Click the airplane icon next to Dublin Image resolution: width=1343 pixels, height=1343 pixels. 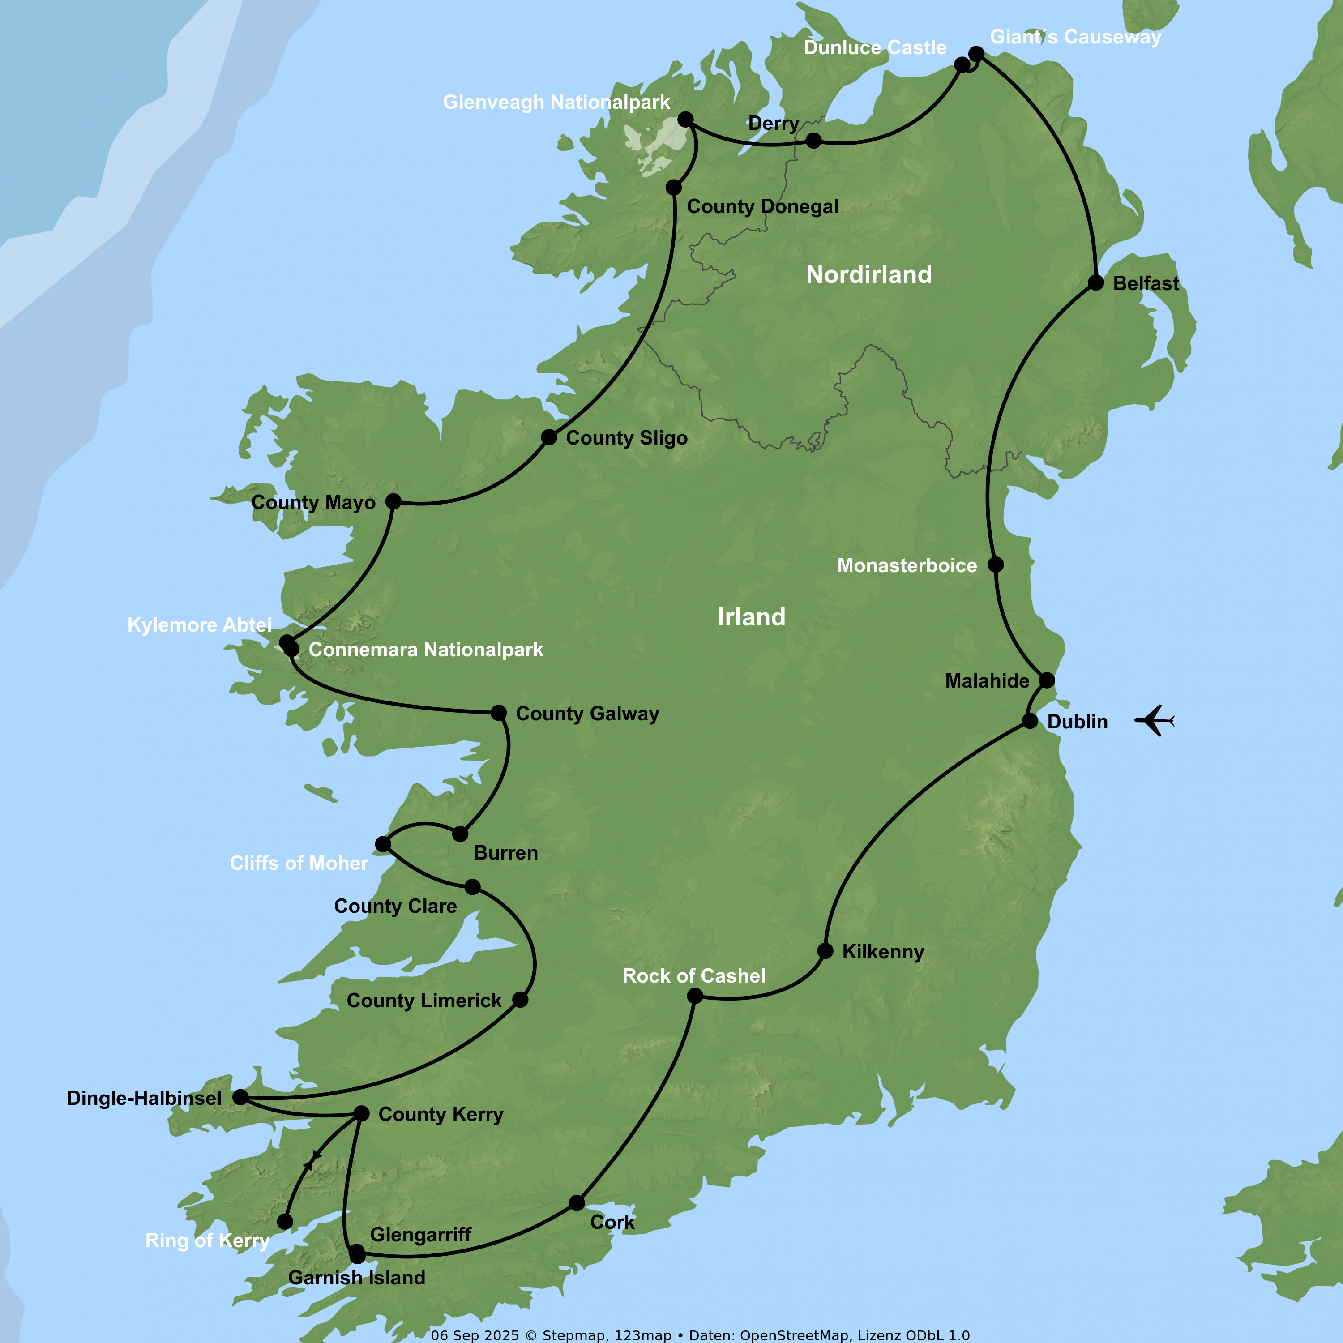[x=1155, y=720]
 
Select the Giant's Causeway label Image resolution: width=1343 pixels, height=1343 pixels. [x=1075, y=37]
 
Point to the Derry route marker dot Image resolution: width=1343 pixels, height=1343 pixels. [x=813, y=141]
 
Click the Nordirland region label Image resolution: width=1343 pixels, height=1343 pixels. [x=869, y=274]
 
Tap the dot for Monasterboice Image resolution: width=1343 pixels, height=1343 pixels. [x=996, y=565]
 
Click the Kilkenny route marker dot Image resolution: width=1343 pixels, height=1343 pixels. [x=825, y=951]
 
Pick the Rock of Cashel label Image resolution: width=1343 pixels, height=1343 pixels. [x=694, y=976]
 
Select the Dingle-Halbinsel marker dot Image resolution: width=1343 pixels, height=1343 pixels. [x=240, y=1098]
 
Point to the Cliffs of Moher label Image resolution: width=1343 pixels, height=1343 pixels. [x=299, y=864]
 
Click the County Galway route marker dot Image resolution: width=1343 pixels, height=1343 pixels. [x=498, y=713]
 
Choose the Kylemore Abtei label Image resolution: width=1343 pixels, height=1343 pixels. [x=200, y=625]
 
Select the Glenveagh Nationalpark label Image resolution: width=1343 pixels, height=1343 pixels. [x=556, y=102]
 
